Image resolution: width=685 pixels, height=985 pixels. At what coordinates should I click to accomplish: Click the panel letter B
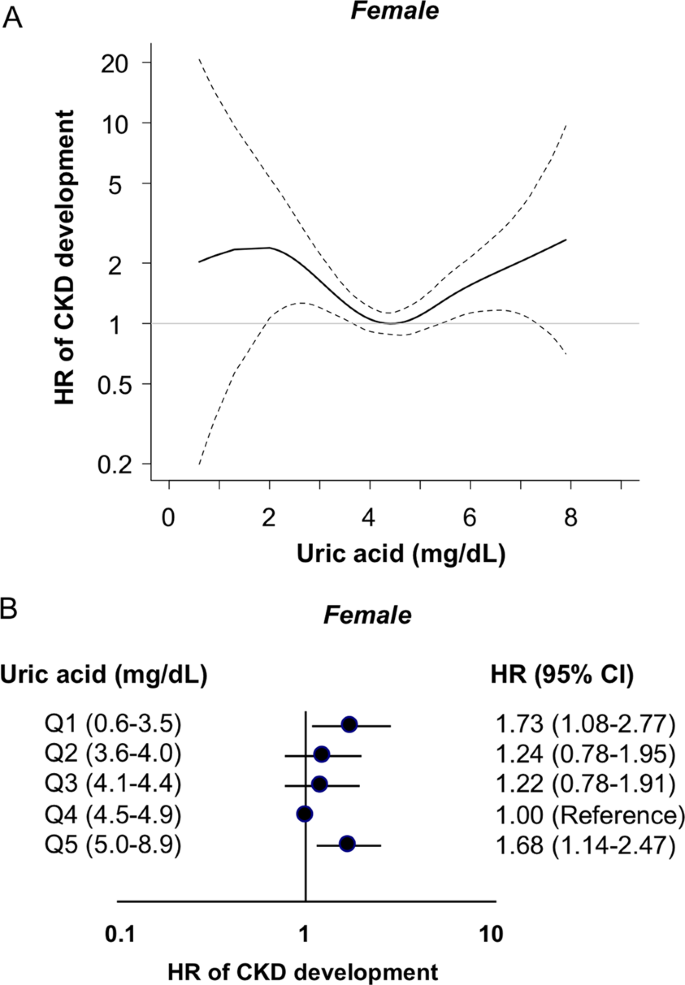[x=13, y=608]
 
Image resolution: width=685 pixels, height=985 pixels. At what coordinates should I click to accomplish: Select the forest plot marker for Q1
[x=349, y=724]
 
